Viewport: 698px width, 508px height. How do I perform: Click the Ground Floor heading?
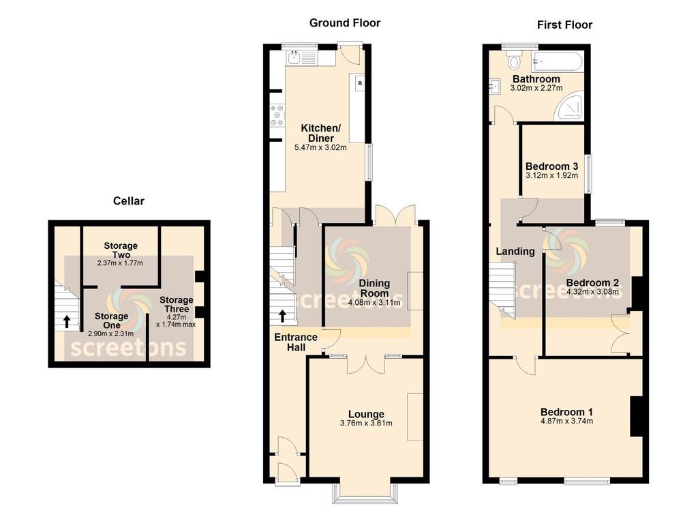tap(344, 23)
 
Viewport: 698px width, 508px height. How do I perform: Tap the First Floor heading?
tap(564, 25)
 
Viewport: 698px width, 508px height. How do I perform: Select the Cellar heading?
tap(129, 200)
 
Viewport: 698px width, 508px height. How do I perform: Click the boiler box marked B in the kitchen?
tap(360, 83)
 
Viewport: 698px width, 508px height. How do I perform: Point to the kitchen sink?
tap(294, 59)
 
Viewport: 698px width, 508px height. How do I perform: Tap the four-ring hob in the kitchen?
tap(277, 115)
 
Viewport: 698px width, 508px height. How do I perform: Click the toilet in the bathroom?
tap(514, 59)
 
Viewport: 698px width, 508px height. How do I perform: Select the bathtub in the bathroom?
tap(558, 61)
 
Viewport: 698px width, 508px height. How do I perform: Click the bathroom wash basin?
tap(494, 86)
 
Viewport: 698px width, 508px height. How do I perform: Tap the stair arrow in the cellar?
tap(66, 321)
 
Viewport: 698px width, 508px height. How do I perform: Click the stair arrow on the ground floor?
tap(283, 316)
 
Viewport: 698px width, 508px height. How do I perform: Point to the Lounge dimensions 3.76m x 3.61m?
tap(366, 423)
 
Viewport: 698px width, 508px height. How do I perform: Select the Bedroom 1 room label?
tap(566, 412)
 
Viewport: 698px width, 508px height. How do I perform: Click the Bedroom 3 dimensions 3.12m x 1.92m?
tap(552, 175)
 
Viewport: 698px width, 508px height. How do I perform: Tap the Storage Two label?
tap(121, 250)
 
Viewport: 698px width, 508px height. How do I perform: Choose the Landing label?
tap(515, 252)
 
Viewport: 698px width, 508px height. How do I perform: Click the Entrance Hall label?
tap(296, 342)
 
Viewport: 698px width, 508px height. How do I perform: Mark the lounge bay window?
tap(365, 492)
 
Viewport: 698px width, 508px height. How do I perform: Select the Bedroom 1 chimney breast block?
tap(637, 416)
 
